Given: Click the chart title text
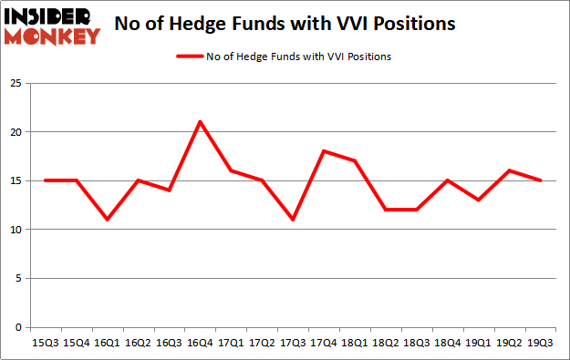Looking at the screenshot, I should click(285, 24).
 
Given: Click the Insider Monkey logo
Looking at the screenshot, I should click(52, 26).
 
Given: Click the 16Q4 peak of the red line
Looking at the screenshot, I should click(200, 122).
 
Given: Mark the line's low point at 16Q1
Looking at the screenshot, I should click(107, 220).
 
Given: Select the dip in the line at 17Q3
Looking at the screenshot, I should click(294, 220).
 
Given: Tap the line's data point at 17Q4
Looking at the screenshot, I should click(325, 151).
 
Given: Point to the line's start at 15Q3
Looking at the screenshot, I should click(45, 180).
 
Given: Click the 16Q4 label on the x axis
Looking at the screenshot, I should click(200, 344).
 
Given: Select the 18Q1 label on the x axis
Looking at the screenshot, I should click(356, 344).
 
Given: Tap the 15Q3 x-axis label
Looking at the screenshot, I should click(45, 344).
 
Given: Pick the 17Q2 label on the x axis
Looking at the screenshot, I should click(263, 344).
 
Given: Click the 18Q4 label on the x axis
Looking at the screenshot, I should click(449, 344).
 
